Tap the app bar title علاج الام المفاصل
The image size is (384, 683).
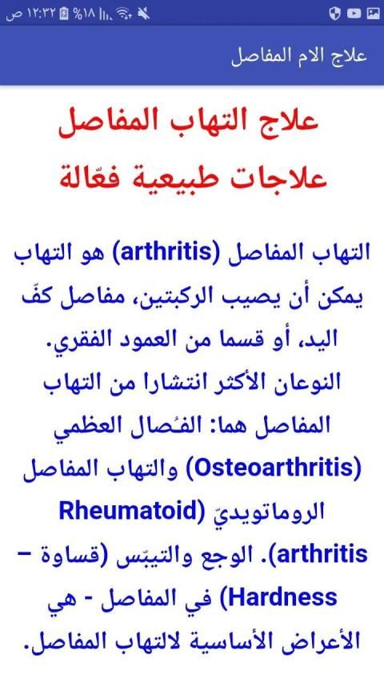pos(299,57)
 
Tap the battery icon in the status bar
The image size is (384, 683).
pos(64,14)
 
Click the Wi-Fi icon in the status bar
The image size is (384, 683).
pos(126,14)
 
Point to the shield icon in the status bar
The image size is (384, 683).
pos(334,14)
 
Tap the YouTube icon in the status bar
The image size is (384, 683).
pos(354,14)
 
